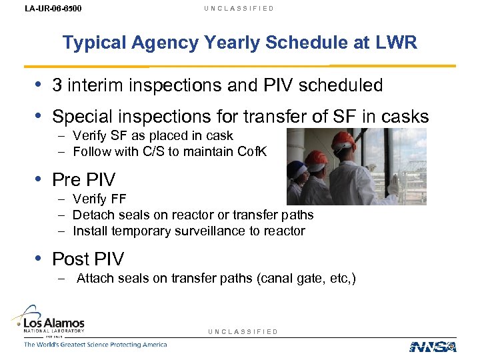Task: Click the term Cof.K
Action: tap(251, 151)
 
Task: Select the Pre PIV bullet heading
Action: tap(83, 180)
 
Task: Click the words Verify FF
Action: tap(99, 199)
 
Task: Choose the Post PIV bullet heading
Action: tap(88, 259)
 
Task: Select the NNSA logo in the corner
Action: tap(433, 346)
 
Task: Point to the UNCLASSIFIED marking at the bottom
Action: tap(243, 331)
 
